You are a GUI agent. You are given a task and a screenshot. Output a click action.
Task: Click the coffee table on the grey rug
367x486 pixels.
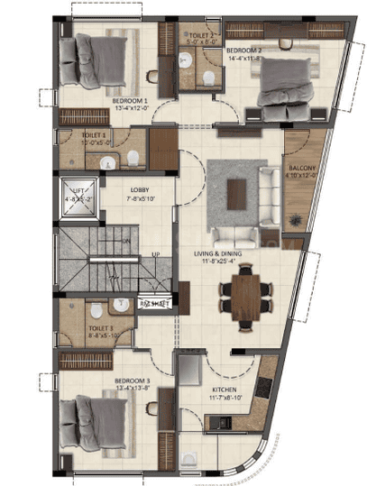pyautogui.click(x=237, y=190)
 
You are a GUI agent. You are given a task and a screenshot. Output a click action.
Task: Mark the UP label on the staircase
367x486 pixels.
pyautogui.click(x=155, y=255)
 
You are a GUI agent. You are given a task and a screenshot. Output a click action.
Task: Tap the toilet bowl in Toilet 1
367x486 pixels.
pyautogui.click(x=132, y=160)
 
